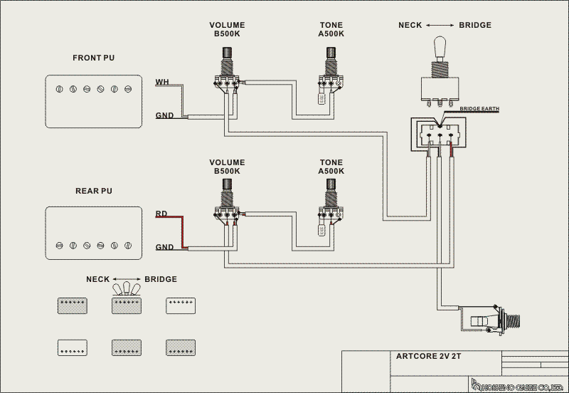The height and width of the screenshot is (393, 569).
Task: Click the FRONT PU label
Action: (93, 58)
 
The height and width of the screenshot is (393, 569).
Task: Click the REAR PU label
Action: (93, 192)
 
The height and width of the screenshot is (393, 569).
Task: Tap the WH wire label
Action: (162, 82)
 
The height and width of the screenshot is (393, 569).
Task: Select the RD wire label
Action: (161, 213)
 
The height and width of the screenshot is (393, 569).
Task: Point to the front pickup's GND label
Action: (164, 115)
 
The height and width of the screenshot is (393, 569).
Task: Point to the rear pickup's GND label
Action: (164, 247)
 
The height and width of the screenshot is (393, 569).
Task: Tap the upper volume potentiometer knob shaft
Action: (228, 55)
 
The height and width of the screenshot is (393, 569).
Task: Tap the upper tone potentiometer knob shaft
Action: (331, 55)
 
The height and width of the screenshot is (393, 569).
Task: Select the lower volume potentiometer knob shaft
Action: (228, 186)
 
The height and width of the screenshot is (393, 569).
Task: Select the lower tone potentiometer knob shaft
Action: (331, 186)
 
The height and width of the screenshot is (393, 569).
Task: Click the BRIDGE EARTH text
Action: (479, 109)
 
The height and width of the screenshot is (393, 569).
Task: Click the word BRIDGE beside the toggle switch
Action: (474, 25)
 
